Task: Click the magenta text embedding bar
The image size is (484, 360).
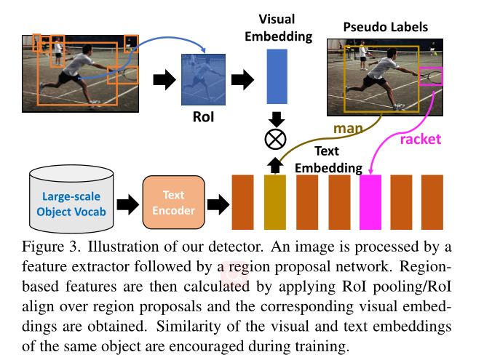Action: [x=371, y=201]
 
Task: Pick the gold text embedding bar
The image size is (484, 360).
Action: [x=274, y=201]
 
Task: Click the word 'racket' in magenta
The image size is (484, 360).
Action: [x=421, y=138]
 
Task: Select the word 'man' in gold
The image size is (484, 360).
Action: [x=348, y=128]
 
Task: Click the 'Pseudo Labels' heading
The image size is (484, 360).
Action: [x=386, y=28]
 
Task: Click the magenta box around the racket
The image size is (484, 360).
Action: [x=431, y=75]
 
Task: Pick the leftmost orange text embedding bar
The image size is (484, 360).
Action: [x=242, y=201]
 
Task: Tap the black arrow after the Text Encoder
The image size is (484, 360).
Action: [x=212, y=203]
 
